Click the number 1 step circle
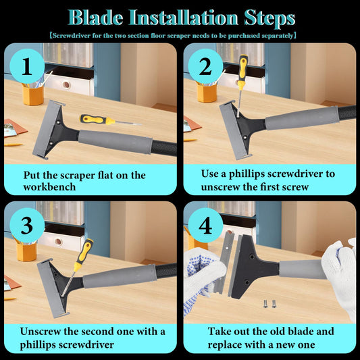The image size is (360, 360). coord(27,66)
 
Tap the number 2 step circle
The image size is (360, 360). coord(205,66)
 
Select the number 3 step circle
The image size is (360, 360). coord(27,225)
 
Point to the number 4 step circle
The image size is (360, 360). coord(205,225)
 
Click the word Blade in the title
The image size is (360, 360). coord(95,18)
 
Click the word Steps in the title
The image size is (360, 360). coord(269,18)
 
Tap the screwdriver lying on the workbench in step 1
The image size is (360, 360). coord(111,120)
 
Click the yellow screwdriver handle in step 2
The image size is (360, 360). coord(242,71)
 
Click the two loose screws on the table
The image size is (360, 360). coord(269,304)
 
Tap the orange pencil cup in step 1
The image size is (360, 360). coord(33,95)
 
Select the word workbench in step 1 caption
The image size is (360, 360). coord(49,187)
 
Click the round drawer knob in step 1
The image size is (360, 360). coord(66,84)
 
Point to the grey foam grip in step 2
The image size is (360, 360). coord(303,118)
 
